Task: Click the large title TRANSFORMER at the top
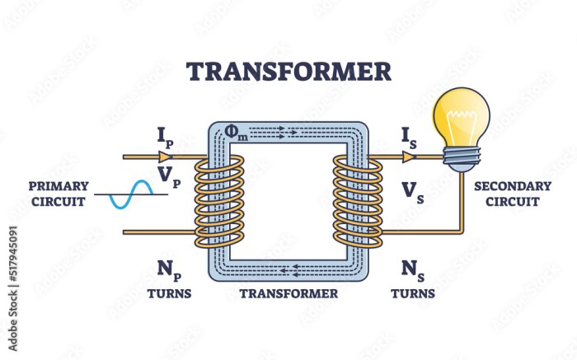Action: tap(288, 72)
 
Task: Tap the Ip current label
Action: tap(165, 138)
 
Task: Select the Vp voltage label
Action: tap(169, 176)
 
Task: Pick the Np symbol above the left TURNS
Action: tap(169, 270)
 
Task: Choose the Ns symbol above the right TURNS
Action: tap(413, 270)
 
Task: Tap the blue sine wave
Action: tap(131, 194)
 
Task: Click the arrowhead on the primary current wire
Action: tap(165, 157)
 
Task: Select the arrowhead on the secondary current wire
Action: tap(409, 157)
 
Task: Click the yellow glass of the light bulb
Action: tap(461, 117)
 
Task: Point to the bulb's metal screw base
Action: tap(462, 159)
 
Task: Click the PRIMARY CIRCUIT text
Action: tap(59, 194)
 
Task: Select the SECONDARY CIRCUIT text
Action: tap(512, 194)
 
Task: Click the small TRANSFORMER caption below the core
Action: tap(288, 293)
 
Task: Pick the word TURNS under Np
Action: tap(169, 293)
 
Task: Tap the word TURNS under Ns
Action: tap(413, 293)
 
